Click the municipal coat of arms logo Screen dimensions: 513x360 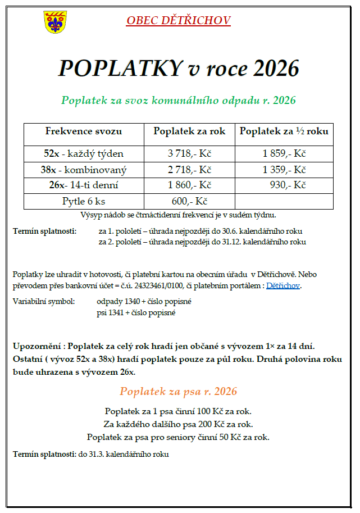tap(54, 22)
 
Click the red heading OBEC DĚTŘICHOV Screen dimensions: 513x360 tap(179, 21)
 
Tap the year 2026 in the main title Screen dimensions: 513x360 tap(276, 69)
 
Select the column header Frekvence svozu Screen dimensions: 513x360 tap(84, 131)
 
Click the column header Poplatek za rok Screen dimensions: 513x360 tap(189, 131)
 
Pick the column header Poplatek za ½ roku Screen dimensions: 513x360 tap(284, 131)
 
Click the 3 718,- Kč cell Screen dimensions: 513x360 tap(189, 154)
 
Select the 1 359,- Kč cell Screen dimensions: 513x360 tap(284, 170)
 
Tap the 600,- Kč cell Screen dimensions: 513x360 tap(189, 201)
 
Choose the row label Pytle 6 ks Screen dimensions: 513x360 tap(84, 201)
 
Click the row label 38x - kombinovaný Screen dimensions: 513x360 tap(84, 170)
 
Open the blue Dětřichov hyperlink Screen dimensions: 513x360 tap(283, 286)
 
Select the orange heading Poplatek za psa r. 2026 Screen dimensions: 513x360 tap(178, 391)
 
